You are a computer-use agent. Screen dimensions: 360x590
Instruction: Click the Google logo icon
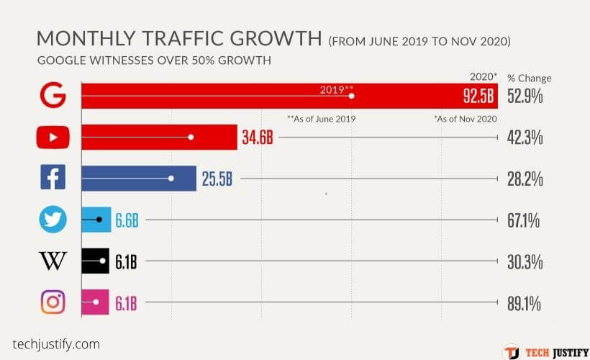pyautogui.click(x=53, y=95)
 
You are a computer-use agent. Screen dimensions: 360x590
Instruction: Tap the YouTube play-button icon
pyautogui.click(x=53, y=137)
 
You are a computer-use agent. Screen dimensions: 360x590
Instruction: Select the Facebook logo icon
pyautogui.click(x=53, y=178)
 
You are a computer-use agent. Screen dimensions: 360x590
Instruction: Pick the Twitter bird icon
pyautogui.click(x=53, y=220)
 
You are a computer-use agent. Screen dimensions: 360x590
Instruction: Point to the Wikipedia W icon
pyautogui.click(x=53, y=261)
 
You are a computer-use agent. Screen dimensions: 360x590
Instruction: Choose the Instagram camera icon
pyautogui.click(x=53, y=302)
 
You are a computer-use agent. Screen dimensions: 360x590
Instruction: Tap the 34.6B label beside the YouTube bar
pyautogui.click(x=258, y=138)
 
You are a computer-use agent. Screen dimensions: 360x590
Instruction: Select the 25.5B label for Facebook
pyautogui.click(x=217, y=179)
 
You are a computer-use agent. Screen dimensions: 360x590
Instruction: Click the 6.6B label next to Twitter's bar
pyautogui.click(x=127, y=220)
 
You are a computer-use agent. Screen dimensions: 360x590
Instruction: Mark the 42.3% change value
pyautogui.click(x=525, y=138)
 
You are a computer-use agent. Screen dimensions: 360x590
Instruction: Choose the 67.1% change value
pyautogui.click(x=525, y=220)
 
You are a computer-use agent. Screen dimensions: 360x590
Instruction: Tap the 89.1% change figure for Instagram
pyautogui.click(x=525, y=303)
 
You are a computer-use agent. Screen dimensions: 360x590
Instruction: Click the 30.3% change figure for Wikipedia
pyautogui.click(x=525, y=261)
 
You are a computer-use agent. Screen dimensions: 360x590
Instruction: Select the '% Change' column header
pyautogui.click(x=530, y=78)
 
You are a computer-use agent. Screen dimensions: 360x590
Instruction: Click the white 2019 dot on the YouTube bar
pyautogui.click(x=191, y=137)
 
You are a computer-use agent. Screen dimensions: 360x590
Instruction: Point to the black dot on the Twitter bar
pyautogui.click(x=99, y=219)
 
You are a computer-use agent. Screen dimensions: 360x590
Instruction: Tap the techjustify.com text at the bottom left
pyautogui.click(x=56, y=344)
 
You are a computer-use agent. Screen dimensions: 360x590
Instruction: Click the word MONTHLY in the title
pyautogui.click(x=83, y=39)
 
